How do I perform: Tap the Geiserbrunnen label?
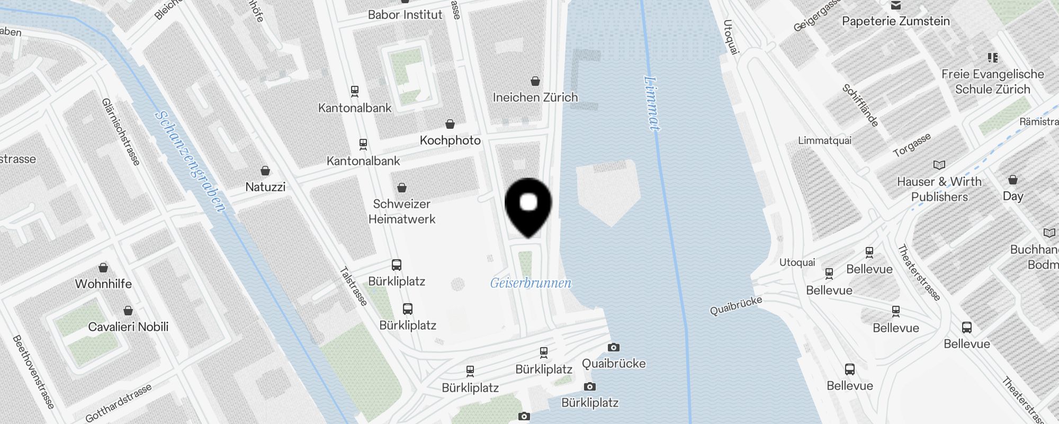[x=531, y=283]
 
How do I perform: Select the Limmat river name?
[x=652, y=103]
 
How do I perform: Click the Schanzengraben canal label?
[x=191, y=161]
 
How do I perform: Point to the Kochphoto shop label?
[x=450, y=140]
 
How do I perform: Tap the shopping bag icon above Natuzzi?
[x=265, y=171]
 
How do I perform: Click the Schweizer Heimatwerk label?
[x=402, y=211]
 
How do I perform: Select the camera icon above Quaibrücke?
[x=614, y=348]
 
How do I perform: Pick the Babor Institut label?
[x=405, y=15]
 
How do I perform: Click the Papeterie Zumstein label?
[x=896, y=21]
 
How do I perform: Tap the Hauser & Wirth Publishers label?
[x=939, y=189]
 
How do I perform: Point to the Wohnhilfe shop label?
[x=103, y=284]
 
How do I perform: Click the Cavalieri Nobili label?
[x=128, y=326]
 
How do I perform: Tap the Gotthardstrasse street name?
[x=119, y=403]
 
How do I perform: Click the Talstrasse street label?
[x=353, y=286]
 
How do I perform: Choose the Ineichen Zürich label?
[x=535, y=98]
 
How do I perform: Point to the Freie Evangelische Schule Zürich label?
[x=993, y=82]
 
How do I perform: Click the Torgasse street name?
[x=912, y=145]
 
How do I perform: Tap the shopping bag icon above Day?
[x=1013, y=180]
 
